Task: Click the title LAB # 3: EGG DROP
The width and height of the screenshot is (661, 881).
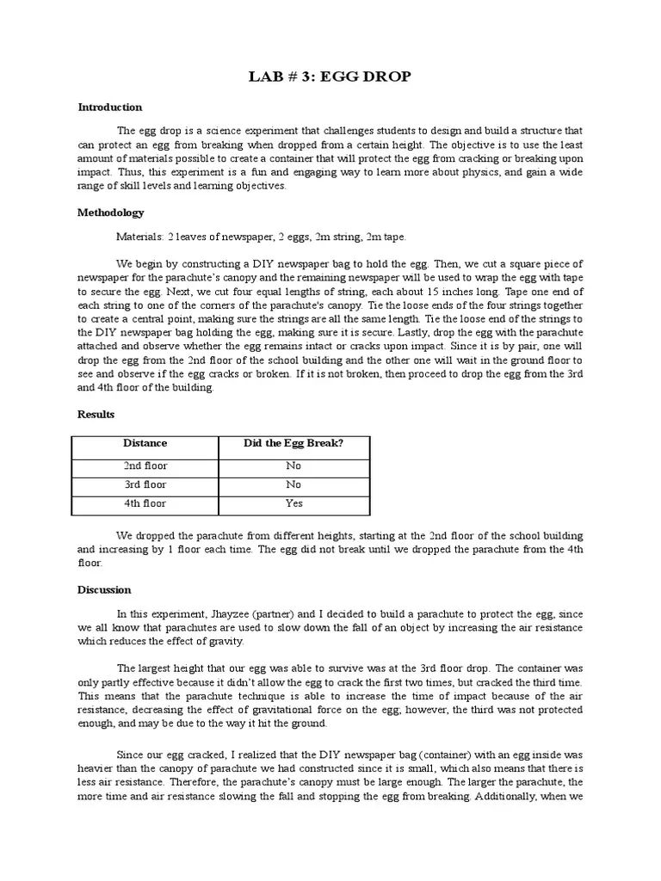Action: point(330,77)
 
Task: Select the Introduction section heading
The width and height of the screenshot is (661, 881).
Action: point(109,108)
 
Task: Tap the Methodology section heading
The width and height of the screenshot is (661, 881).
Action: point(111,213)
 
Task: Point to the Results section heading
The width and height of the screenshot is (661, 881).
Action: point(96,414)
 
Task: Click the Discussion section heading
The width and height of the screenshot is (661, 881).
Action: point(104,590)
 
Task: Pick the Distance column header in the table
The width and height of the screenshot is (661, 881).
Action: point(145,444)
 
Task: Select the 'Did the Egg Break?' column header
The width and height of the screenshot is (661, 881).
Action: point(293,444)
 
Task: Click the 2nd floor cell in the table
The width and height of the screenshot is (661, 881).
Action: point(145,466)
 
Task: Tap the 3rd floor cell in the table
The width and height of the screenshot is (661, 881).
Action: point(145,485)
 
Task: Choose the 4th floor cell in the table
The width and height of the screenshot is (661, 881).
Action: point(145,504)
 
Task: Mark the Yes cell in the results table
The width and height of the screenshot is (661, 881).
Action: point(293,504)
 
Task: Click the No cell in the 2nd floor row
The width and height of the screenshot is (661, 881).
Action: point(293,466)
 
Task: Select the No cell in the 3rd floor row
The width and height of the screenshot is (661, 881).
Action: point(293,485)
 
